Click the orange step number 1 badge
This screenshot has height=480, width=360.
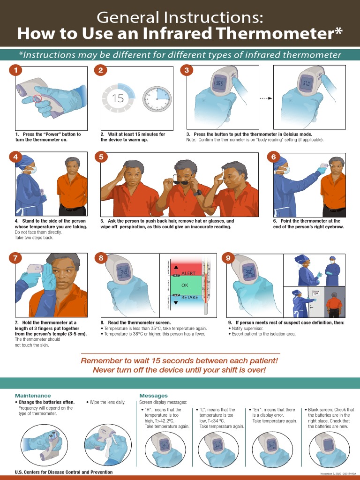tap(16, 70)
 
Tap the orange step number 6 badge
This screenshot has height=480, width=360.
tap(274, 157)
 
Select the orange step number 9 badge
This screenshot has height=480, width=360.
tap(227, 258)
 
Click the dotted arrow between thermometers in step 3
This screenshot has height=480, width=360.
tap(266, 98)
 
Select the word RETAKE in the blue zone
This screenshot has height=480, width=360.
tap(190, 298)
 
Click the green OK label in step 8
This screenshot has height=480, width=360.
tap(184, 285)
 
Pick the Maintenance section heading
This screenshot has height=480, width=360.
tap(33, 396)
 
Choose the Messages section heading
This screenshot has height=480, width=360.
tap(153, 396)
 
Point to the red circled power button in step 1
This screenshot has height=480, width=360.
tap(37, 99)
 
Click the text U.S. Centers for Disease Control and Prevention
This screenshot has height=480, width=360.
tap(64, 472)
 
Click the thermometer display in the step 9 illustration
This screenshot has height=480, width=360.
tap(248, 272)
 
